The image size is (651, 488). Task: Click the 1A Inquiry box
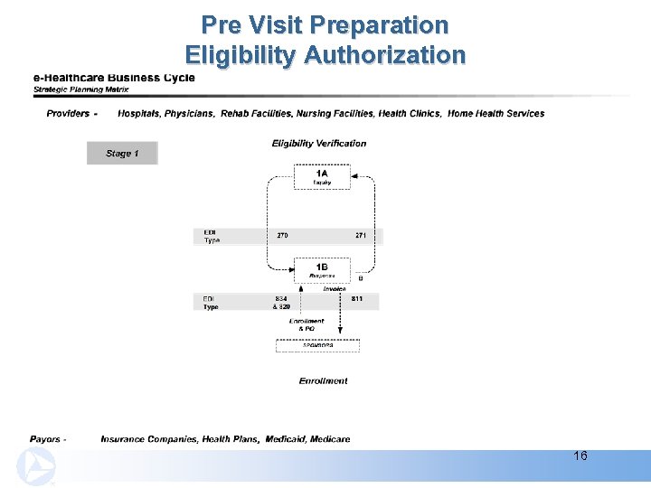click(x=322, y=176)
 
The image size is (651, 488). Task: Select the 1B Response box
click(x=322, y=270)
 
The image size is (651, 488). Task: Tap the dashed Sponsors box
click(x=317, y=345)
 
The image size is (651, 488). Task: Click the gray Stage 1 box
click(x=122, y=154)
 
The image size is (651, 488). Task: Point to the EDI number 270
click(x=282, y=236)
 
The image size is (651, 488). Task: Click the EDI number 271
click(x=361, y=236)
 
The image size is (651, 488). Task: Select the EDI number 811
click(x=357, y=298)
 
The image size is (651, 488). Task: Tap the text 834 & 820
click(x=281, y=303)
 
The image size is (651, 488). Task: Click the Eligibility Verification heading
click(x=319, y=143)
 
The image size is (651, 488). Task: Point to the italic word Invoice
click(x=322, y=289)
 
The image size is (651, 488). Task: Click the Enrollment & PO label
click(x=307, y=324)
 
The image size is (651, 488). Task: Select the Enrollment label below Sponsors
click(x=323, y=381)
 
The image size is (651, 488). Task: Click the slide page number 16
click(x=580, y=455)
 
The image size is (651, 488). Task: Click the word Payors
click(x=46, y=439)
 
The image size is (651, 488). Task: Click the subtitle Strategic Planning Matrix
click(x=82, y=89)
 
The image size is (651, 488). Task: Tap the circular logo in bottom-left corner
click(x=36, y=467)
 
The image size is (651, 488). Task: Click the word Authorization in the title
click(x=384, y=55)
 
